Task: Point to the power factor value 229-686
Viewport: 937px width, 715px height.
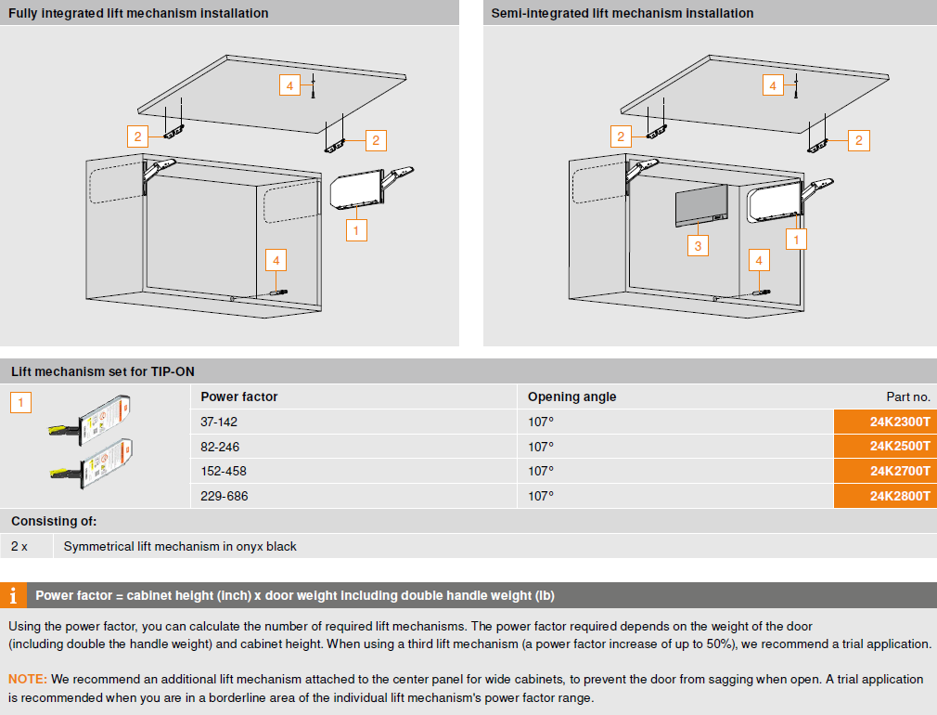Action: click(225, 496)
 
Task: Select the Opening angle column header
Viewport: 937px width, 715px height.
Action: click(571, 396)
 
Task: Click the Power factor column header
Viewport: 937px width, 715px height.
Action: click(239, 396)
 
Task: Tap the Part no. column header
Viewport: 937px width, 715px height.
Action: click(908, 396)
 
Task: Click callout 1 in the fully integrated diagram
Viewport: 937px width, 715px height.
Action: click(356, 228)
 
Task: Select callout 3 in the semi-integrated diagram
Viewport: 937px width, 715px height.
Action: click(698, 245)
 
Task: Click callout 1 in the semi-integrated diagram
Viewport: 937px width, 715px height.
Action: click(795, 239)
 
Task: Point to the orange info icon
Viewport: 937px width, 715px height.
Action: click(13, 595)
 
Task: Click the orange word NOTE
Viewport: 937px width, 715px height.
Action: click(27, 680)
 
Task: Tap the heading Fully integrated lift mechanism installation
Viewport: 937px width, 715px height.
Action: click(138, 13)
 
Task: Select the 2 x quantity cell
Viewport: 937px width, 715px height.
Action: click(19, 546)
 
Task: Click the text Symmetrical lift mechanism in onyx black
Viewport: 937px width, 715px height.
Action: click(180, 546)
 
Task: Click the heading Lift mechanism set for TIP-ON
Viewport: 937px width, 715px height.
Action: click(103, 371)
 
